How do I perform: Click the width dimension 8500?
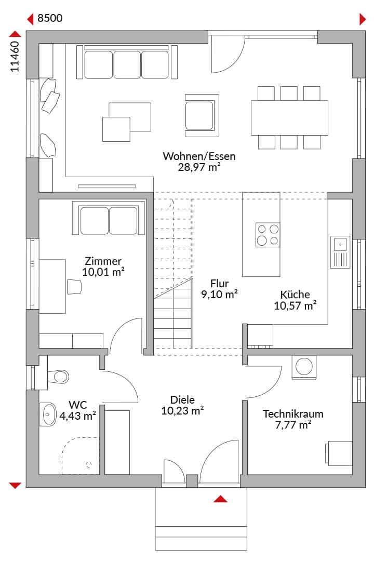click(50, 18)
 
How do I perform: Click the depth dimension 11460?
click(15, 57)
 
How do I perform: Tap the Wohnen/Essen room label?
click(199, 156)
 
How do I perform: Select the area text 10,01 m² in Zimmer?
click(103, 272)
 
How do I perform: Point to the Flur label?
click(219, 284)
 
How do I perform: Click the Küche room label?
click(295, 295)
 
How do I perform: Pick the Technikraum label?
click(293, 414)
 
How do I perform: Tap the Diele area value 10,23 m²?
click(182, 410)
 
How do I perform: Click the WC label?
click(78, 405)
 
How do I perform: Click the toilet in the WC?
click(57, 377)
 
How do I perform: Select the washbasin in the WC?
click(48, 415)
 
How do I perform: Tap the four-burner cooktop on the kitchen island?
click(268, 235)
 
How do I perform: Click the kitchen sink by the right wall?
click(340, 252)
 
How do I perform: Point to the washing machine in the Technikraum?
click(304, 367)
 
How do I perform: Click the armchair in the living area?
click(202, 115)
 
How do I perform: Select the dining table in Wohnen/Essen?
click(289, 118)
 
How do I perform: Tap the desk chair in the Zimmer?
click(74, 287)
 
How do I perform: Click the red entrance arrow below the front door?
click(220, 499)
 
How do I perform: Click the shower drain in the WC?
click(89, 464)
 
